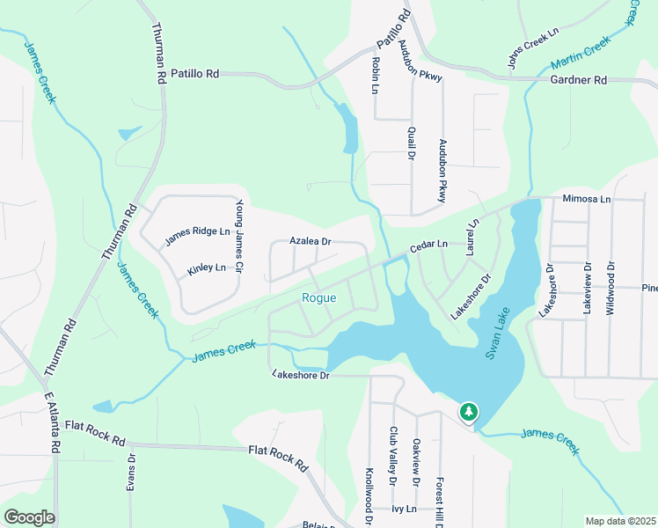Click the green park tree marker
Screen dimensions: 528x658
coord(469,412)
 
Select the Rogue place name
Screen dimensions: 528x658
coord(318,298)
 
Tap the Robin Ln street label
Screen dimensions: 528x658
coord(375,76)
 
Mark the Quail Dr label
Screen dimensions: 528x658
coord(411,143)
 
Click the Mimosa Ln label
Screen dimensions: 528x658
coord(587,200)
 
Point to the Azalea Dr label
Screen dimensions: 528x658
coord(311,241)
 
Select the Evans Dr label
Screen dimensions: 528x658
coord(133,472)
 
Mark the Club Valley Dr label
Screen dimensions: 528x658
coord(393,457)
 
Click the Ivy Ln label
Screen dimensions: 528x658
coord(404,509)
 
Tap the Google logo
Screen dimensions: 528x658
coord(29,517)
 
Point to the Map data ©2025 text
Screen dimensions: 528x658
coord(621,521)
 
